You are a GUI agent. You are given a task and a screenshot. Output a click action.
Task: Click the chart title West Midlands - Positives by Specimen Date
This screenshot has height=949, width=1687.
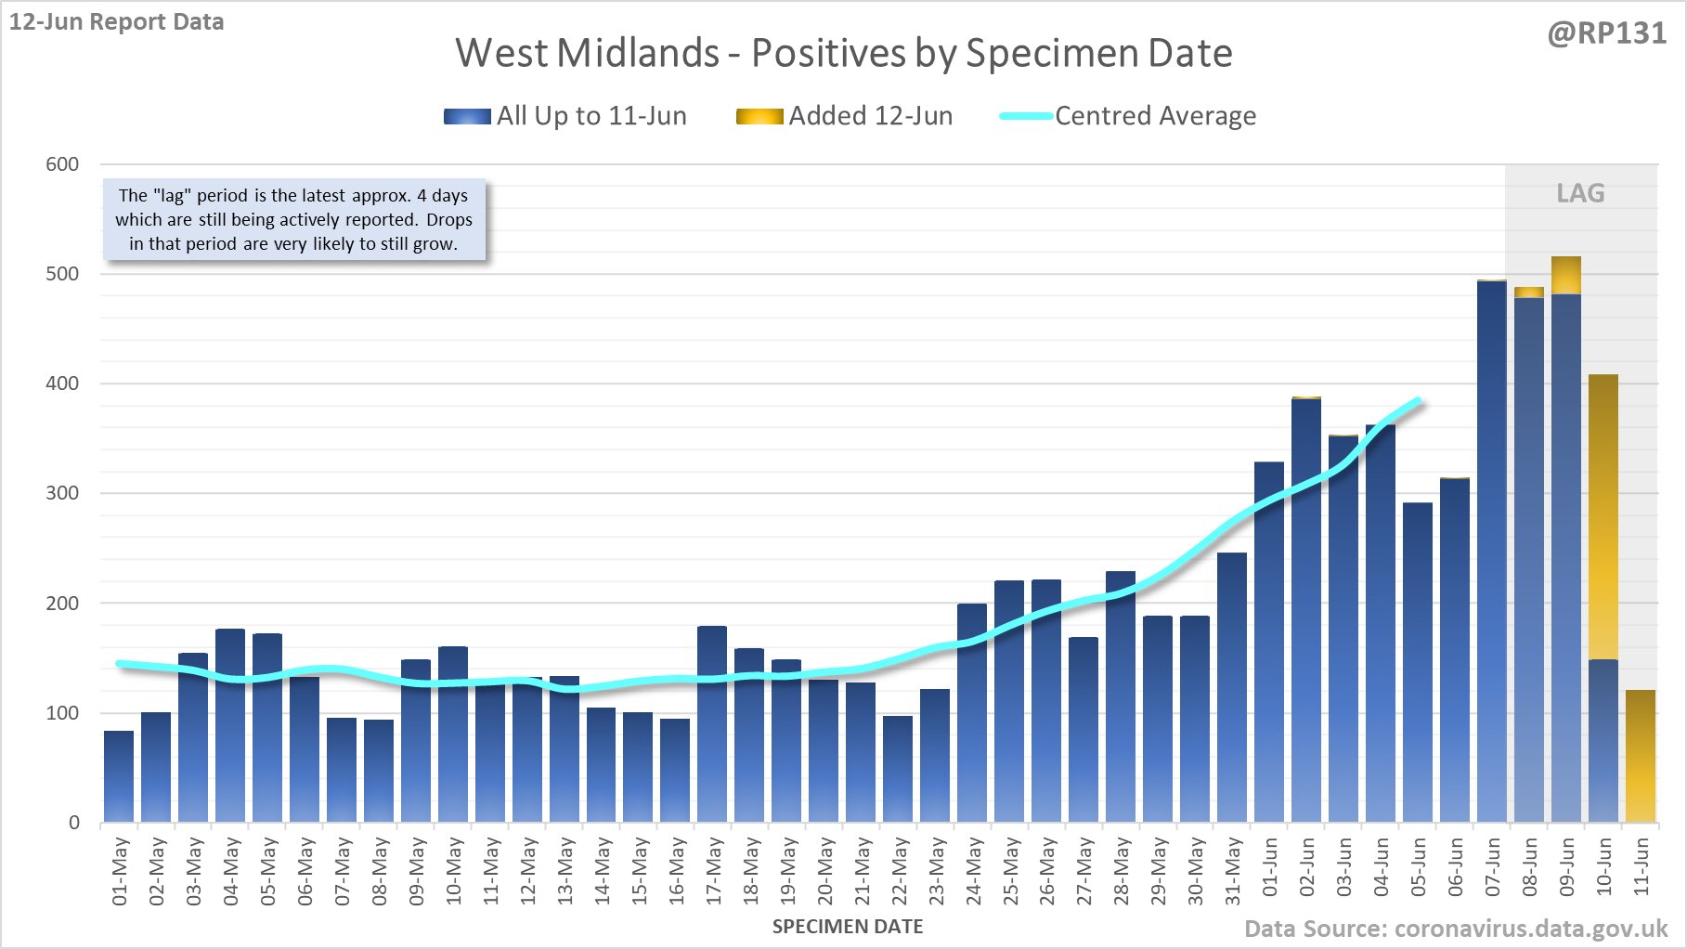click(843, 53)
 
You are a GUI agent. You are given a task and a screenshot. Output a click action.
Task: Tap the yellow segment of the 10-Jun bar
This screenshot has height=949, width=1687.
click(1603, 516)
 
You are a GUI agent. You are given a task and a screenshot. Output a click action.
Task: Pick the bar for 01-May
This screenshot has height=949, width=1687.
click(119, 776)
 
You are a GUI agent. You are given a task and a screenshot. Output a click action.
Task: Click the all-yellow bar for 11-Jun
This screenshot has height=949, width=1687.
click(1641, 756)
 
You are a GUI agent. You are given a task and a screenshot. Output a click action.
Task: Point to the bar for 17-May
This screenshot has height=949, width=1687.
click(712, 724)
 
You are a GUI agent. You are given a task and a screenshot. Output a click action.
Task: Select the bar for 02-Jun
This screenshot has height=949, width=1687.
click(1306, 613)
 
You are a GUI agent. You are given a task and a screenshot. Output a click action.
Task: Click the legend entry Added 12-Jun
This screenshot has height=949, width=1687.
click(845, 116)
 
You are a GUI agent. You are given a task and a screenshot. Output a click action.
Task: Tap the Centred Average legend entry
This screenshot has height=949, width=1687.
click(1128, 116)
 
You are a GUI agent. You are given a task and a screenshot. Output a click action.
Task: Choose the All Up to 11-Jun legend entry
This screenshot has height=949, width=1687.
click(565, 116)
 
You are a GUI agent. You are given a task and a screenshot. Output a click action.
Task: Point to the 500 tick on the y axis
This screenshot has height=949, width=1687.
click(62, 274)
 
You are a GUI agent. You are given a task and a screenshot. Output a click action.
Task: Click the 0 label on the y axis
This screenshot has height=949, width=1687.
click(74, 823)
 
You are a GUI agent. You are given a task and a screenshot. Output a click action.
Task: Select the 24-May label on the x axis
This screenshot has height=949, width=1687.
click(973, 871)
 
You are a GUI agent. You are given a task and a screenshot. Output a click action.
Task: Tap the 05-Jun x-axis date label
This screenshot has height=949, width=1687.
click(1418, 867)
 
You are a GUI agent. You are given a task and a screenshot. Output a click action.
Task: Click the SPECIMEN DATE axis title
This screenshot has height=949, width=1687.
click(848, 927)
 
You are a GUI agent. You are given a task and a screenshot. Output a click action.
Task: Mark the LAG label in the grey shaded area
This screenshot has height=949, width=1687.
click(1580, 193)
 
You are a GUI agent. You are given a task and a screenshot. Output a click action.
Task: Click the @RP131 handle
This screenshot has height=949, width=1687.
click(1606, 33)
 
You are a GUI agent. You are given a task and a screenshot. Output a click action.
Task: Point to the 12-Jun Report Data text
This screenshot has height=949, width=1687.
click(117, 21)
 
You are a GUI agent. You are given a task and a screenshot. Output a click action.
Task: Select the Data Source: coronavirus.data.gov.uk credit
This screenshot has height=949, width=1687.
click(1456, 929)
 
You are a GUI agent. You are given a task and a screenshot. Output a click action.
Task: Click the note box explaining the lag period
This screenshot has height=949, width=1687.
click(293, 220)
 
